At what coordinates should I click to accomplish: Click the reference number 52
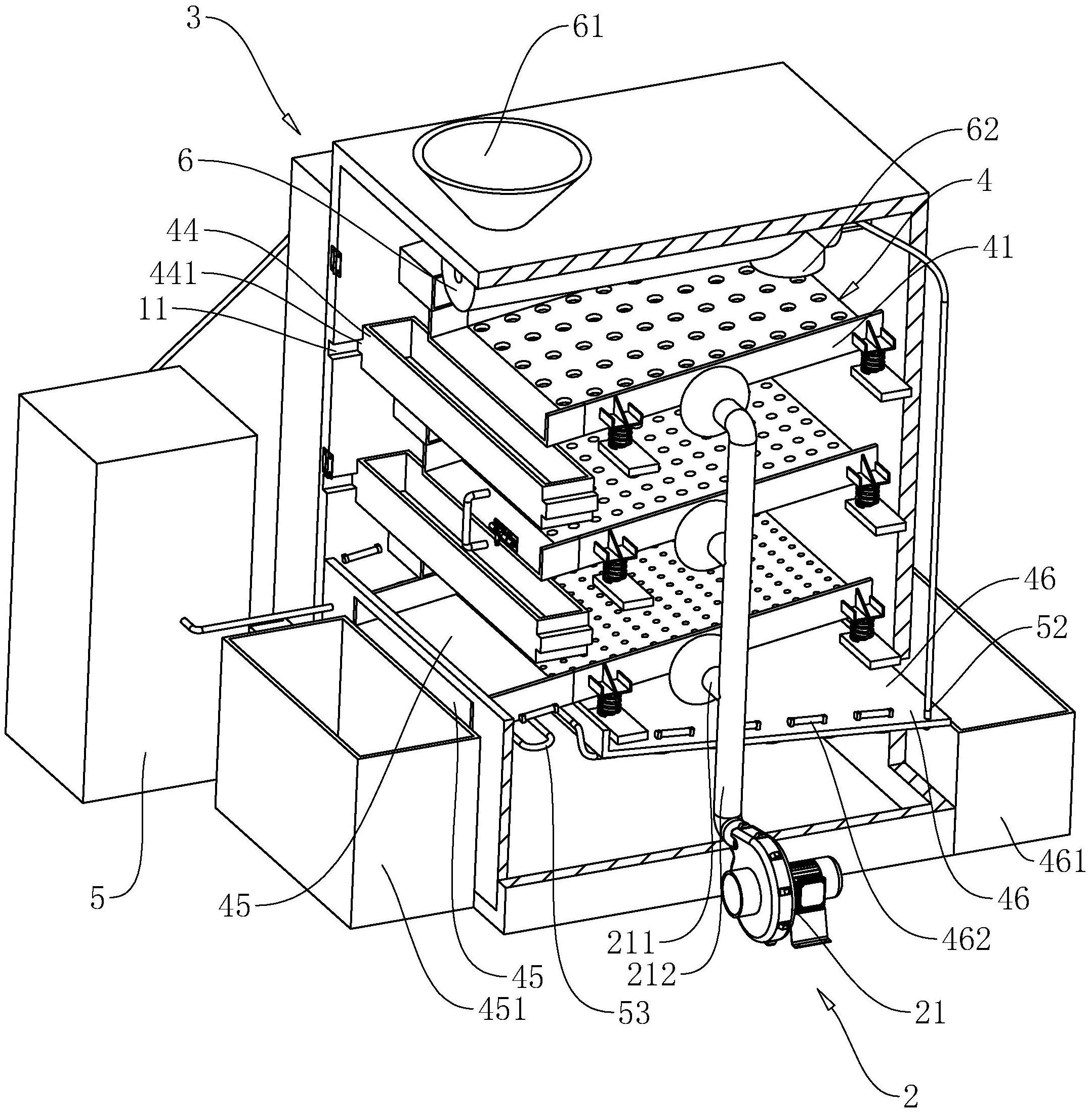pos(1051,628)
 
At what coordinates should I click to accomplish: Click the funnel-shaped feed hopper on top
pos(501,173)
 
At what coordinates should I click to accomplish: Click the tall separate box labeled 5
pos(138,583)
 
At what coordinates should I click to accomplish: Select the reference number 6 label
pos(185,161)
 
